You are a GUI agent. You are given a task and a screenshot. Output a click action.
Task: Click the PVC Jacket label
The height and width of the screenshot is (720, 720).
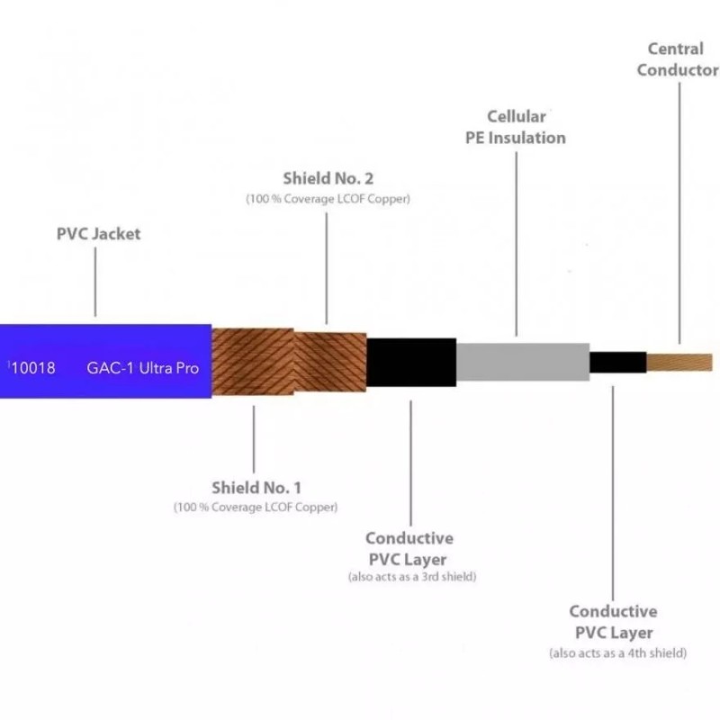point(98,234)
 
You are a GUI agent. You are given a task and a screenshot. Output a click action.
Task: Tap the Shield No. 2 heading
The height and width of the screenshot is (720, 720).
point(328,178)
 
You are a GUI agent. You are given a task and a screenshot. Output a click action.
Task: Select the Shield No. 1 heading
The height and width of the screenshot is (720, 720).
point(256,488)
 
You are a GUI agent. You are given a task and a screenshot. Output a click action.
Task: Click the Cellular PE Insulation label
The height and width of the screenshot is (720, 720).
point(515,127)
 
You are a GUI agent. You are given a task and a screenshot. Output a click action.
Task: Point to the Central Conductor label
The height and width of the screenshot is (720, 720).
point(678,59)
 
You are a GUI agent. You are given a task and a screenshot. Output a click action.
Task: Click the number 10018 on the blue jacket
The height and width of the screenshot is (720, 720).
point(32,368)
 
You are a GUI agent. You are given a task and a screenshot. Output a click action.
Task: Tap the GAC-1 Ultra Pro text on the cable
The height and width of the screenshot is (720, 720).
point(142,368)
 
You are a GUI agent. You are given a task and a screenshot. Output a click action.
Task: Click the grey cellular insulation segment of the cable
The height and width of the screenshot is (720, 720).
point(523,362)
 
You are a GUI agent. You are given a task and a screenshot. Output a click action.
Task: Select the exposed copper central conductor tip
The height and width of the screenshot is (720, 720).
point(679,363)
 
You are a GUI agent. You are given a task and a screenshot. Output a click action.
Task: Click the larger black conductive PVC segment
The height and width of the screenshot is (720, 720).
point(411,363)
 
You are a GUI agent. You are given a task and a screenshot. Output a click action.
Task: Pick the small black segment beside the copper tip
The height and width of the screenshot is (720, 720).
point(618,363)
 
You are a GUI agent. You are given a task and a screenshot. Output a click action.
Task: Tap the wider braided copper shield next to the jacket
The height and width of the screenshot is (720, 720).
point(253,362)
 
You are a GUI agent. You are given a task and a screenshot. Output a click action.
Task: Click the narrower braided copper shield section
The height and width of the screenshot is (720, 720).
point(330,362)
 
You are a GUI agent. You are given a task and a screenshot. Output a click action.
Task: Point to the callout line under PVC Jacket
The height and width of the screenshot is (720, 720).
point(95,282)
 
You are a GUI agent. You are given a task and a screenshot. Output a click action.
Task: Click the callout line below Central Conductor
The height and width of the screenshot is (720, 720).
point(679,212)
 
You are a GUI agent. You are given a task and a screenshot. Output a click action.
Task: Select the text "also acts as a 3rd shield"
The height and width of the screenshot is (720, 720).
point(412,577)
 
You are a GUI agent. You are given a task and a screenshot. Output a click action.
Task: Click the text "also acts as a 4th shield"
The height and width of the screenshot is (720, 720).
point(617,653)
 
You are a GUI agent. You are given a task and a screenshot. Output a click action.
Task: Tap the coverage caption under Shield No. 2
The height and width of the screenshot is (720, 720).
point(328,199)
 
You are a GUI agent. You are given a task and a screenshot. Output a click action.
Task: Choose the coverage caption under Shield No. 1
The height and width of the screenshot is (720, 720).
point(256,507)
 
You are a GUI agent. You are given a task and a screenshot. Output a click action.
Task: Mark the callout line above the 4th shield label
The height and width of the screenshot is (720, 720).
point(613,493)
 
